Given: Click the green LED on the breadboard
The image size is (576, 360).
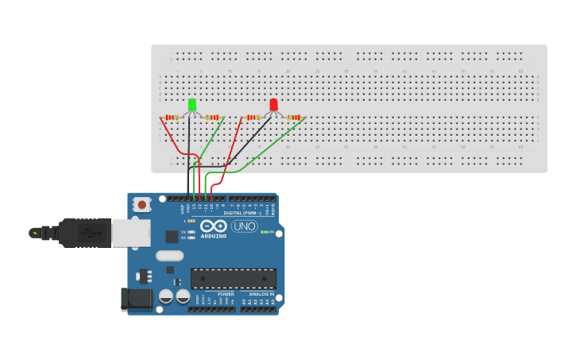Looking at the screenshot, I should tap(192, 105).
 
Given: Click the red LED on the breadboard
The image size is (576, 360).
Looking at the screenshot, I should tap(273, 105).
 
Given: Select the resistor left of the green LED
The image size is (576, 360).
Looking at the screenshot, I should tap(172, 118).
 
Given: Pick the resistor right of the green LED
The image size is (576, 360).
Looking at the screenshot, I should tap(211, 118).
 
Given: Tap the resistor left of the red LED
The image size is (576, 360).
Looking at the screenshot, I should tap(253, 118).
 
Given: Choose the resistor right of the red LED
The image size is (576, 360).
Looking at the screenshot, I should tap(293, 118).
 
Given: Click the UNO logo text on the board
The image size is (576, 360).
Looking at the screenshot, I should tap(244, 226).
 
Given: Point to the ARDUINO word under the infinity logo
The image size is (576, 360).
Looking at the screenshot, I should tap(214, 236).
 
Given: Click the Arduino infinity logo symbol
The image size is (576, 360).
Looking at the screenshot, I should tap(214, 226).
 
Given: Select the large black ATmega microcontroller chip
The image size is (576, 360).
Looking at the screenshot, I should tap(234, 278).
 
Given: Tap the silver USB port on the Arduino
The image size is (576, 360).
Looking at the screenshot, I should tap(130, 233).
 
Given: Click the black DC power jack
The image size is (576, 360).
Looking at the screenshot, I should tap(137, 298).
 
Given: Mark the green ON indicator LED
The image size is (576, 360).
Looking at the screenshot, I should tap(264, 232).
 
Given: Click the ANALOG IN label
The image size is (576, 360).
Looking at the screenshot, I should tap(261, 294).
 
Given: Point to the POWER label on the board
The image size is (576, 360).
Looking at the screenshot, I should tap(226, 294).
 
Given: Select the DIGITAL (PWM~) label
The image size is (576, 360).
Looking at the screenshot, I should tap(243, 213).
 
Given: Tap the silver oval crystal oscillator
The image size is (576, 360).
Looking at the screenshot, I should tap(169, 256).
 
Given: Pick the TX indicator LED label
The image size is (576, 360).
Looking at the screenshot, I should tap(184, 231).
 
